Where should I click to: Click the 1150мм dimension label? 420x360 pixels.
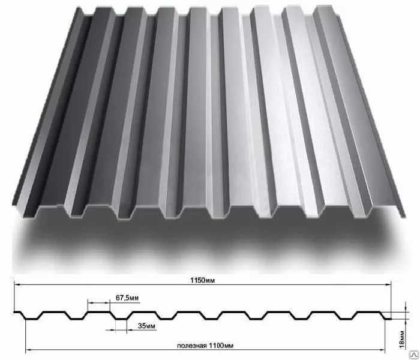(x=203, y=280)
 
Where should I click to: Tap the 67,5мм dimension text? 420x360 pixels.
(x=127, y=298)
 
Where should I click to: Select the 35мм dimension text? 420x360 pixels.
(x=146, y=326)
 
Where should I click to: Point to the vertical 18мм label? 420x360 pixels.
(x=402, y=340)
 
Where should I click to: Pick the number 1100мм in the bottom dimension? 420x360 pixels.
(x=221, y=346)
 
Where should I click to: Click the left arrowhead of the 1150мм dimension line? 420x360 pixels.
(x=17, y=285)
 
